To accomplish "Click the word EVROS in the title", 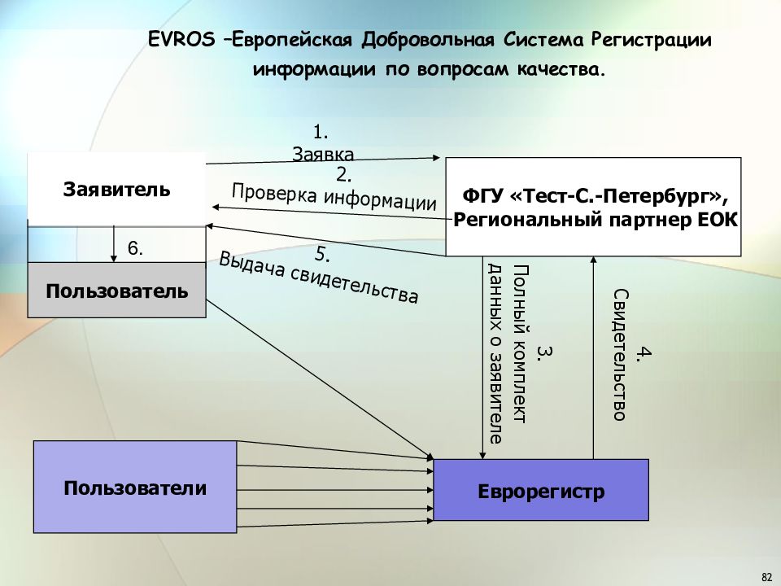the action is [x=181, y=39].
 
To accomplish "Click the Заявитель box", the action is [x=116, y=190].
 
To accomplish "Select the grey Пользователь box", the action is [x=116, y=290].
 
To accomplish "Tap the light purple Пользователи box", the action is [x=135, y=487].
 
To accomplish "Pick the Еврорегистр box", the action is [x=541, y=490].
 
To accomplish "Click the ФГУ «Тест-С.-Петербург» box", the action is [x=593, y=207].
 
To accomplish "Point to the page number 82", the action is [x=767, y=577].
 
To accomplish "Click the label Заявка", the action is [x=323, y=154].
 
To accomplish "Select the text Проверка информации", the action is [x=334, y=197].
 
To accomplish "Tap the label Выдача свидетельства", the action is [x=319, y=277].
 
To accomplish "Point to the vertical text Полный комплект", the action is [x=520, y=343].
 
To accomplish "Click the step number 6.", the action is [x=136, y=248].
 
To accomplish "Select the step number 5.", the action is [x=322, y=254].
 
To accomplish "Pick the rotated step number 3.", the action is [x=544, y=352].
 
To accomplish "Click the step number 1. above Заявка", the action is [x=321, y=132].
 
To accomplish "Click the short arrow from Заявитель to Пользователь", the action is [x=114, y=244].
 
